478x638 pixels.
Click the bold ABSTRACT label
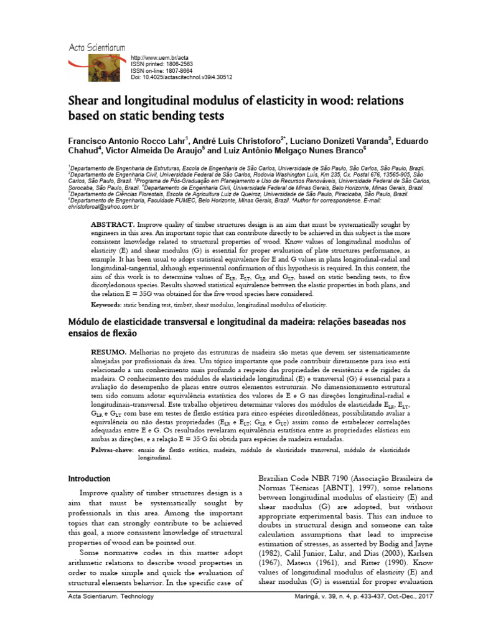point(113,224)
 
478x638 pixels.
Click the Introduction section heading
point(89,478)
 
